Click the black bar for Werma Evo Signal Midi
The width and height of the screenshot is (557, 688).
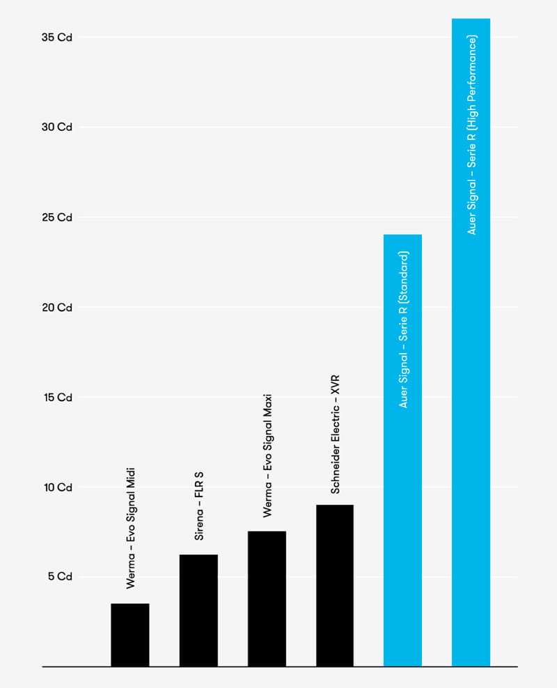pyautogui.click(x=130, y=634)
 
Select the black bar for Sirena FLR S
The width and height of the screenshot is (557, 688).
pyautogui.click(x=198, y=610)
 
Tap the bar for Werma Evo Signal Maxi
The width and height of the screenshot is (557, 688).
pyautogui.click(x=267, y=598)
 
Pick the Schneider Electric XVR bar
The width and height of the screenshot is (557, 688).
pyautogui.click(x=335, y=585)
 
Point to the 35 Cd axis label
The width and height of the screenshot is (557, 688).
pyautogui.click(x=57, y=38)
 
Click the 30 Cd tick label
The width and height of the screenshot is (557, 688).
pyautogui.click(x=57, y=127)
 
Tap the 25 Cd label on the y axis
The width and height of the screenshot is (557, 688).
pyautogui.click(x=57, y=217)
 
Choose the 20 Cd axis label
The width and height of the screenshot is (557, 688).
pyautogui.click(x=57, y=307)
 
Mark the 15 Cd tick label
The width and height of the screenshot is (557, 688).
pyautogui.click(x=57, y=398)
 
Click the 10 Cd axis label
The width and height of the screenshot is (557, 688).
pyautogui.click(x=57, y=487)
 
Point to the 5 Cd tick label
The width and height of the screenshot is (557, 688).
pyautogui.click(x=60, y=577)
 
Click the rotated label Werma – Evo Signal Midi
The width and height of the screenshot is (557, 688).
pyautogui.click(x=130, y=529)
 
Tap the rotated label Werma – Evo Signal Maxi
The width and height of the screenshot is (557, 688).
pyautogui.click(x=267, y=455)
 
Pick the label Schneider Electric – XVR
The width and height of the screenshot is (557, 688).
pyautogui.click(x=335, y=435)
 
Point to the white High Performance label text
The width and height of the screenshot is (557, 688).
pyautogui.click(x=471, y=135)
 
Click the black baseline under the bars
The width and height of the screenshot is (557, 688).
pyautogui.click(x=278, y=667)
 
